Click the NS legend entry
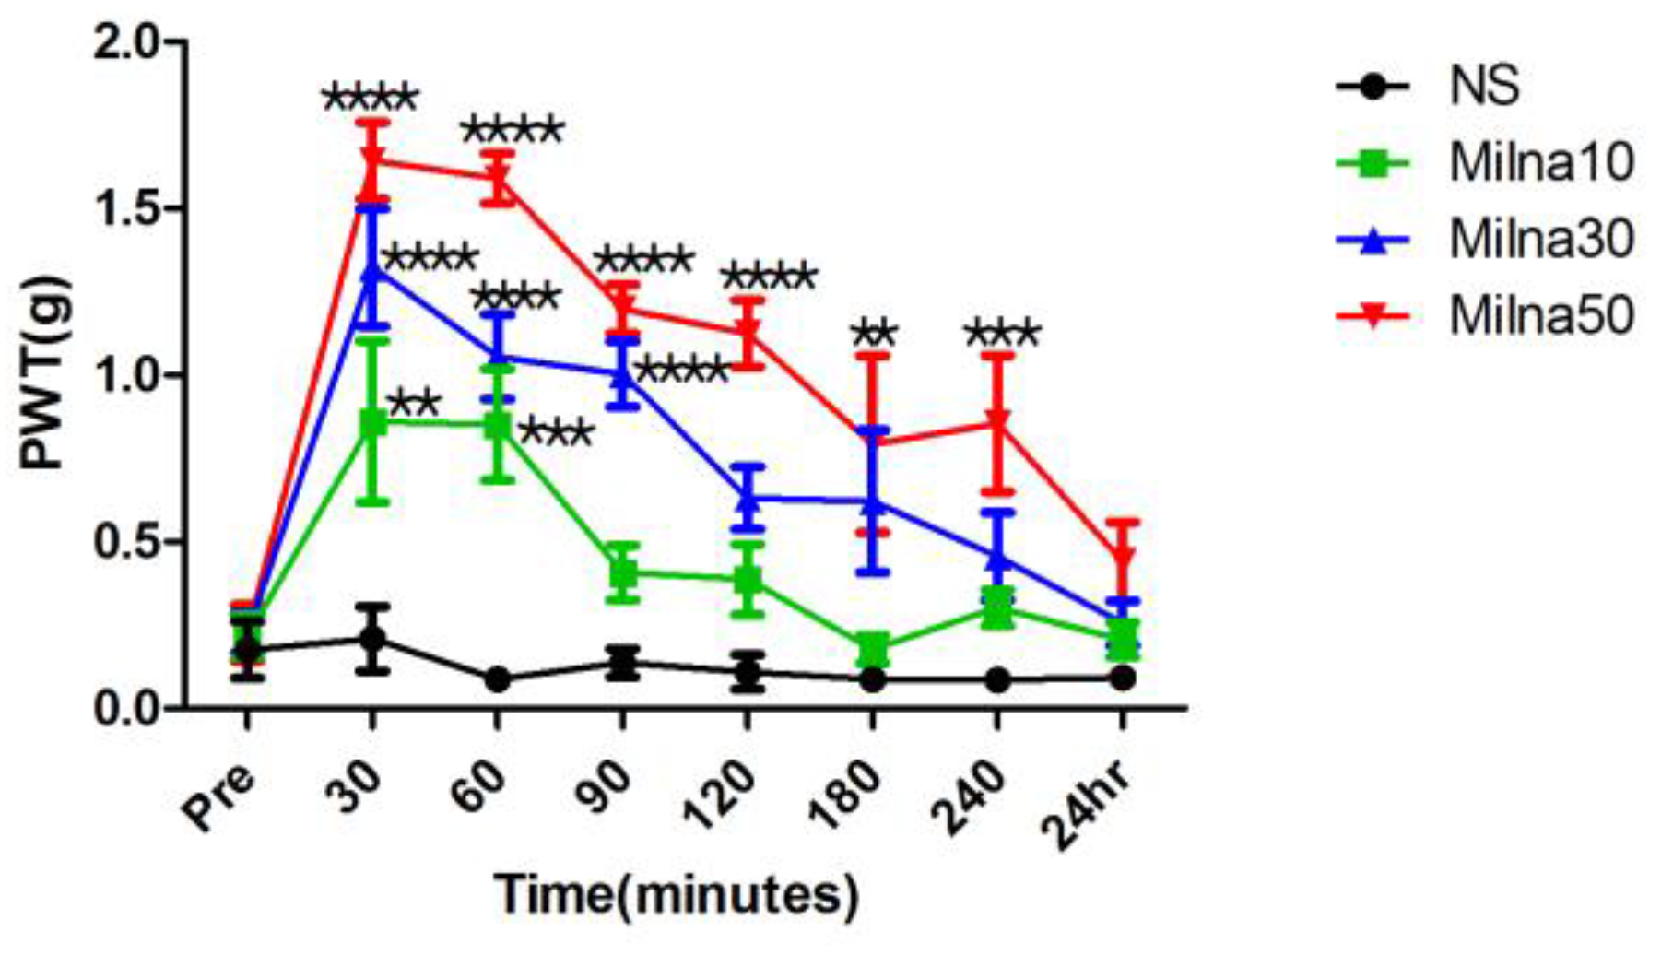point(1483,87)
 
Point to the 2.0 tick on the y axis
point(129,43)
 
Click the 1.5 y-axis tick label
point(129,209)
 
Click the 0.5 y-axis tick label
point(129,542)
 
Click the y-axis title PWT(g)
point(43,375)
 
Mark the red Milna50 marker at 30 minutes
point(372,161)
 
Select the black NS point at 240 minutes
point(997,680)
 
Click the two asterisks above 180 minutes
point(873,333)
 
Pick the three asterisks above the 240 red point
point(1002,333)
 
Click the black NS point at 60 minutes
point(498,680)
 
